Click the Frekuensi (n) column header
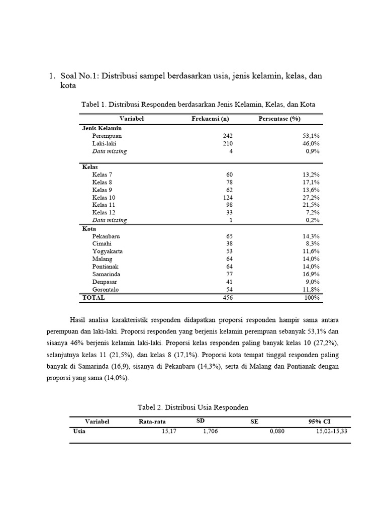point(210,119)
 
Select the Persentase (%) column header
point(279,119)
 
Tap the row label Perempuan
point(107,136)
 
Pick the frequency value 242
point(228,136)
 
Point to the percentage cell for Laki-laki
point(311,143)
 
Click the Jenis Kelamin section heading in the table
point(102,128)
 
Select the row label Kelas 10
point(104,197)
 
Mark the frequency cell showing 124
point(228,197)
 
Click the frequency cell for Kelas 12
point(229,212)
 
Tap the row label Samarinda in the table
point(106,274)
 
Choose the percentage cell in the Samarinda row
point(311,274)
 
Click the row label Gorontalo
point(106,290)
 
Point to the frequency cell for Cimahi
point(229,243)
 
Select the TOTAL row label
point(93,297)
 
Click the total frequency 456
point(228,297)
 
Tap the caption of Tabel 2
point(193,407)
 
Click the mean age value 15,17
point(168,431)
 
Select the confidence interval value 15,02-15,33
point(333,431)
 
